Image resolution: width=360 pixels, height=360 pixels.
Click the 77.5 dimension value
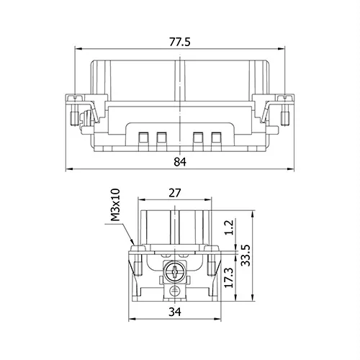click(x=180, y=42)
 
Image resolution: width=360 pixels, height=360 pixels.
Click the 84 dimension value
click(x=180, y=162)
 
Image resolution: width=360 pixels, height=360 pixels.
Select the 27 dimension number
click(x=174, y=193)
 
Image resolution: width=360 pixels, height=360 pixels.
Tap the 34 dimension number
click(x=175, y=312)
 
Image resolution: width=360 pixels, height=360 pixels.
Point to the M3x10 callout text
click(x=115, y=204)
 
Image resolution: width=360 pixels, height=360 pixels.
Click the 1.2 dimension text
click(x=229, y=228)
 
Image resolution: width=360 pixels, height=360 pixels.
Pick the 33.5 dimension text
click(x=246, y=256)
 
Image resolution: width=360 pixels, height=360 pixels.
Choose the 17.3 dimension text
click(x=228, y=278)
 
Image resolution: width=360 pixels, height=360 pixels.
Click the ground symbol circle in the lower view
click(x=174, y=291)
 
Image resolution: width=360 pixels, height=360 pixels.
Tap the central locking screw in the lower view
click(x=174, y=272)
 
